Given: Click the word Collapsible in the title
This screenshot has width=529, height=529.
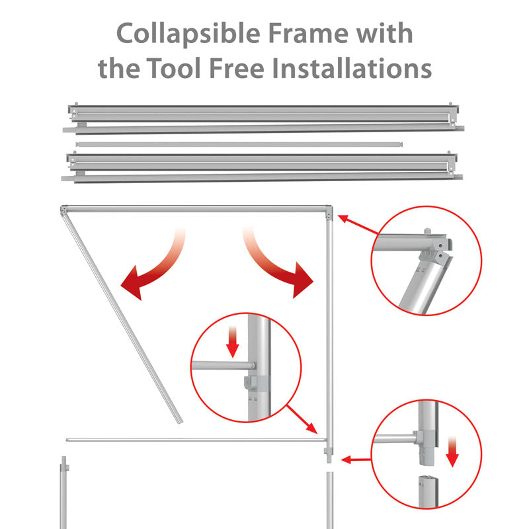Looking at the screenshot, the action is [x=188, y=34].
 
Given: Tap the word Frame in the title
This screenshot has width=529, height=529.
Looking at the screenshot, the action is [x=308, y=34].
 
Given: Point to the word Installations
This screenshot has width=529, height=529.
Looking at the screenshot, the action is [x=352, y=68].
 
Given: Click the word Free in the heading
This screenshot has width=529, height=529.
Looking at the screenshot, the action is [x=237, y=68].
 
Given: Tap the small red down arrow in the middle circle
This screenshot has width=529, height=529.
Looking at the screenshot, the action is [x=233, y=341].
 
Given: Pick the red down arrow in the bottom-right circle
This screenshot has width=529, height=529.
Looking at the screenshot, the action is [x=452, y=452].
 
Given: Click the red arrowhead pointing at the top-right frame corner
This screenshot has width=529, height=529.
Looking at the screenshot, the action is [x=343, y=219].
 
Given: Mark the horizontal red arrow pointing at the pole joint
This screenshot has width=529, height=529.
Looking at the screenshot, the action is [x=356, y=460].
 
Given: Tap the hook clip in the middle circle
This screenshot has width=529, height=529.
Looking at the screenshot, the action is [x=251, y=384].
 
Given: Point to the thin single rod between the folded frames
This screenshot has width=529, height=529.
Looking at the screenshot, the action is [x=239, y=144].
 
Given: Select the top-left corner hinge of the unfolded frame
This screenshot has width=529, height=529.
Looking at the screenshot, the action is [x=63, y=210].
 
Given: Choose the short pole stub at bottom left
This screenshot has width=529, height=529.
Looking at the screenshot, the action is [x=63, y=493].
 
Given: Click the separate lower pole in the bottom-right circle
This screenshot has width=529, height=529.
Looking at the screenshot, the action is [x=428, y=491].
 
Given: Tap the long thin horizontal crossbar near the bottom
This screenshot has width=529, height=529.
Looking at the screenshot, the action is [x=196, y=440].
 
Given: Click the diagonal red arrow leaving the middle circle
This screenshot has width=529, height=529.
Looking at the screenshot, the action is [x=302, y=419].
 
